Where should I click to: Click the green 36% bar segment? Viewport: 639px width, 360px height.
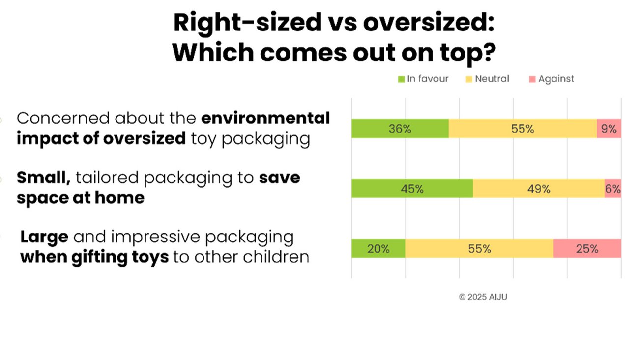tap(400, 128)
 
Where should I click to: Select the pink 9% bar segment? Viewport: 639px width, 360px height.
tap(609, 128)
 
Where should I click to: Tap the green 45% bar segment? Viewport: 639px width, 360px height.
tap(412, 188)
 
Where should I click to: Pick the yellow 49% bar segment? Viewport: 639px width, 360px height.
tap(539, 188)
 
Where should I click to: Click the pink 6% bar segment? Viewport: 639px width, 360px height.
tap(613, 188)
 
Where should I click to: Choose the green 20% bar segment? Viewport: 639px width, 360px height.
tap(378, 248)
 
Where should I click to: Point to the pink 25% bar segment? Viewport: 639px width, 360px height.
tap(587, 248)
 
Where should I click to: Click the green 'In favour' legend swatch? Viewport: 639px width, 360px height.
tap(401, 79)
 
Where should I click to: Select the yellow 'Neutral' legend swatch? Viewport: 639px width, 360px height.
tap(468, 79)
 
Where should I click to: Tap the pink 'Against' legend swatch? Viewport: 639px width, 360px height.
tap(532, 79)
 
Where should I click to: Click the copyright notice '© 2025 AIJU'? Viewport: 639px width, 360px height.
tap(483, 297)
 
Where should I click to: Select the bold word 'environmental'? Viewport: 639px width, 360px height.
tap(265, 119)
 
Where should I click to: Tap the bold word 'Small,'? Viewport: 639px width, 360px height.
tap(44, 178)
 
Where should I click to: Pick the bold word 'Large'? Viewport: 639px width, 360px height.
tap(44, 238)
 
